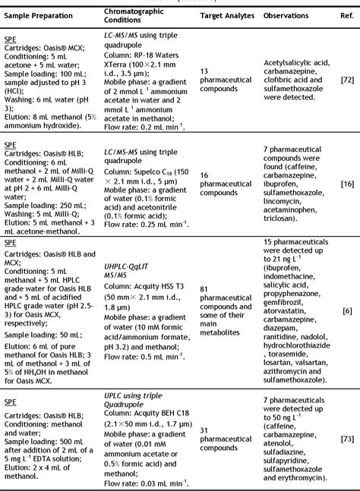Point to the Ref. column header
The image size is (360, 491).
(x=346, y=14)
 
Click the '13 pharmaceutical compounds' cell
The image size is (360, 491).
(x=223, y=79)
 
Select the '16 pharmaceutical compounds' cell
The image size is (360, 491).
(x=223, y=183)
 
